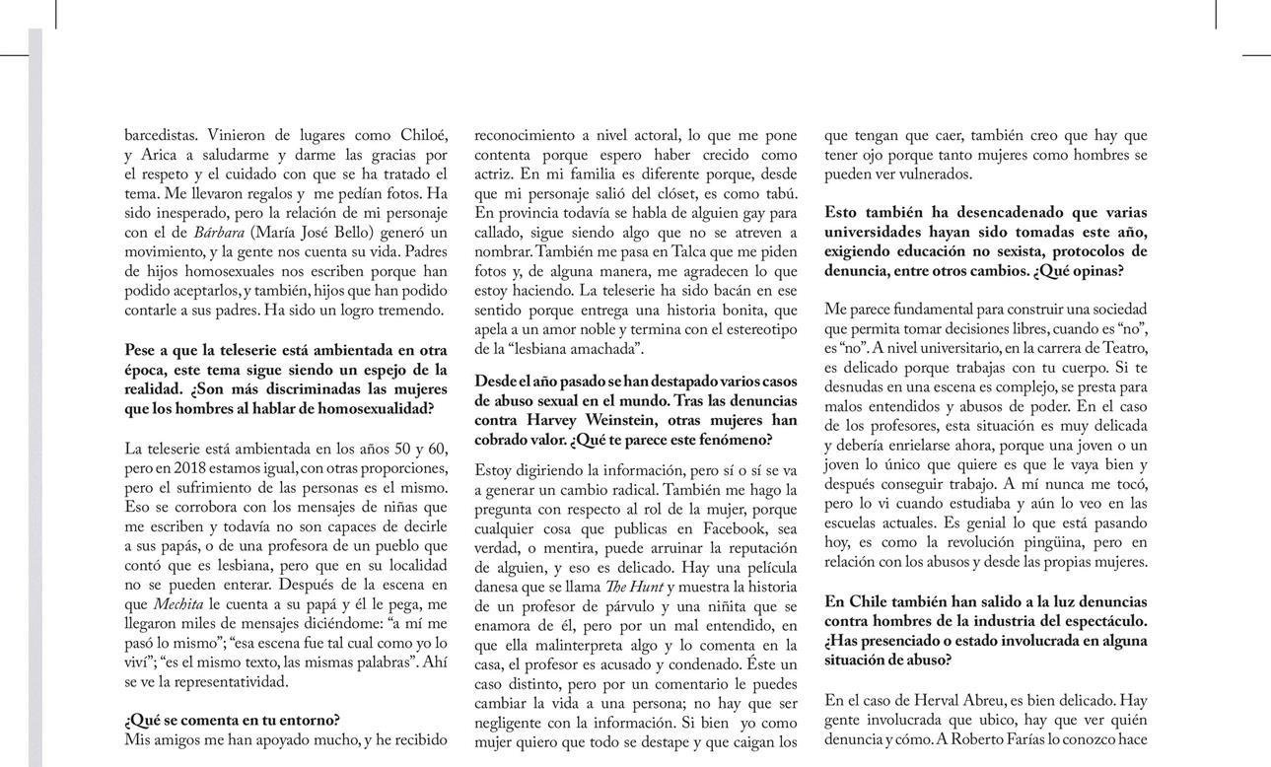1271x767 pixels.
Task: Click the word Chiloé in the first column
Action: coord(424,135)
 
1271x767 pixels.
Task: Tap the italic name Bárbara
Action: coord(219,233)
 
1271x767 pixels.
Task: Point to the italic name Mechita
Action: coord(178,604)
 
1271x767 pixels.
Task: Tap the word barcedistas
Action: coord(159,135)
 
